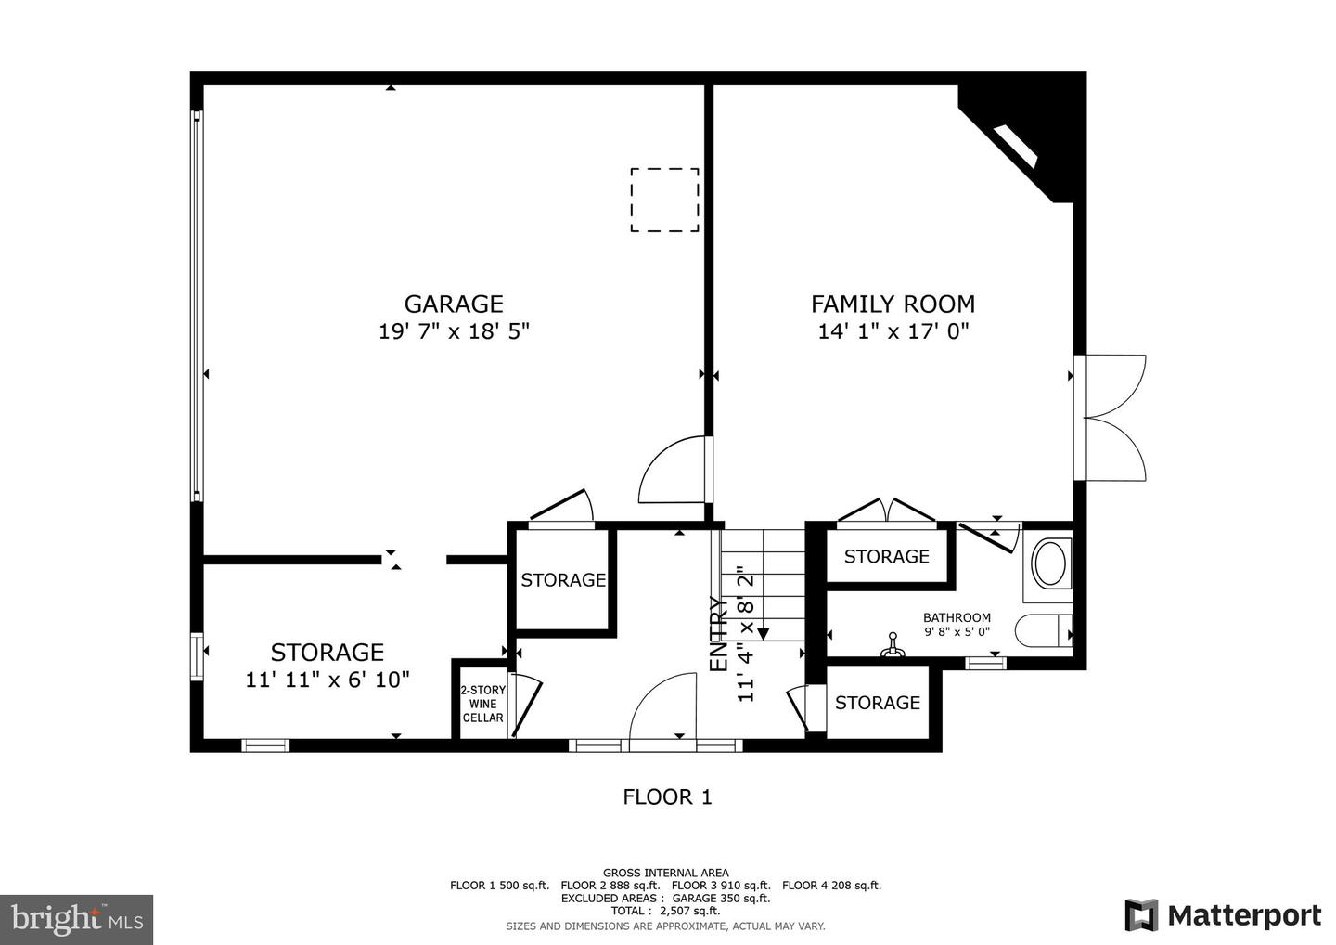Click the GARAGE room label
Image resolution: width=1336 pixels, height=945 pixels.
pyautogui.click(x=454, y=304)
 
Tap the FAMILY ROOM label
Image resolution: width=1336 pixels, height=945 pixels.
pyautogui.click(x=893, y=304)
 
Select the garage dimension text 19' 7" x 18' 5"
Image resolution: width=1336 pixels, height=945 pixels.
pyautogui.click(x=454, y=331)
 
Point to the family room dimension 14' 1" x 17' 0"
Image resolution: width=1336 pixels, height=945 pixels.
pyautogui.click(x=893, y=331)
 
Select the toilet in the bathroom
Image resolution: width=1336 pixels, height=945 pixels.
pyautogui.click(x=1044, y=631)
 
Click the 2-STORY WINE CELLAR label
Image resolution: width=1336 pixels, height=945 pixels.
pyautogui.click(x=482, y=704)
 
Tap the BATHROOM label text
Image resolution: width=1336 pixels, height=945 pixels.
pyautogui.click(x=957, y=617)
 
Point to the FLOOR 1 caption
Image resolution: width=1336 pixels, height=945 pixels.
pyautogui.click(x=667, y=797)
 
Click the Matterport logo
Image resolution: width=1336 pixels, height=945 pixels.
pyautogui.click(x=1223, y=915)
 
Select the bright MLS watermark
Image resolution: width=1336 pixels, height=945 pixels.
pyautogui.click(x=76, y=919)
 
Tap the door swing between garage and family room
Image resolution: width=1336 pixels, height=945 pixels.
pyautogui.click(x=671, y=470)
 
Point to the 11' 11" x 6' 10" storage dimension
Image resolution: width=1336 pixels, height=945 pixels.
pyautogui.click(x=328, y=680)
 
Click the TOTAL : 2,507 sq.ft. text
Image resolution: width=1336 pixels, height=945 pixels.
pyautogui.click(x=665, y=911)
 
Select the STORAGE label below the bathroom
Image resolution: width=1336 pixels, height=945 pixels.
pyautogui.click(x=878, y=703)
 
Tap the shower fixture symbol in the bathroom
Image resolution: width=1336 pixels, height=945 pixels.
pyautogui.click(x=893, y=645)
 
